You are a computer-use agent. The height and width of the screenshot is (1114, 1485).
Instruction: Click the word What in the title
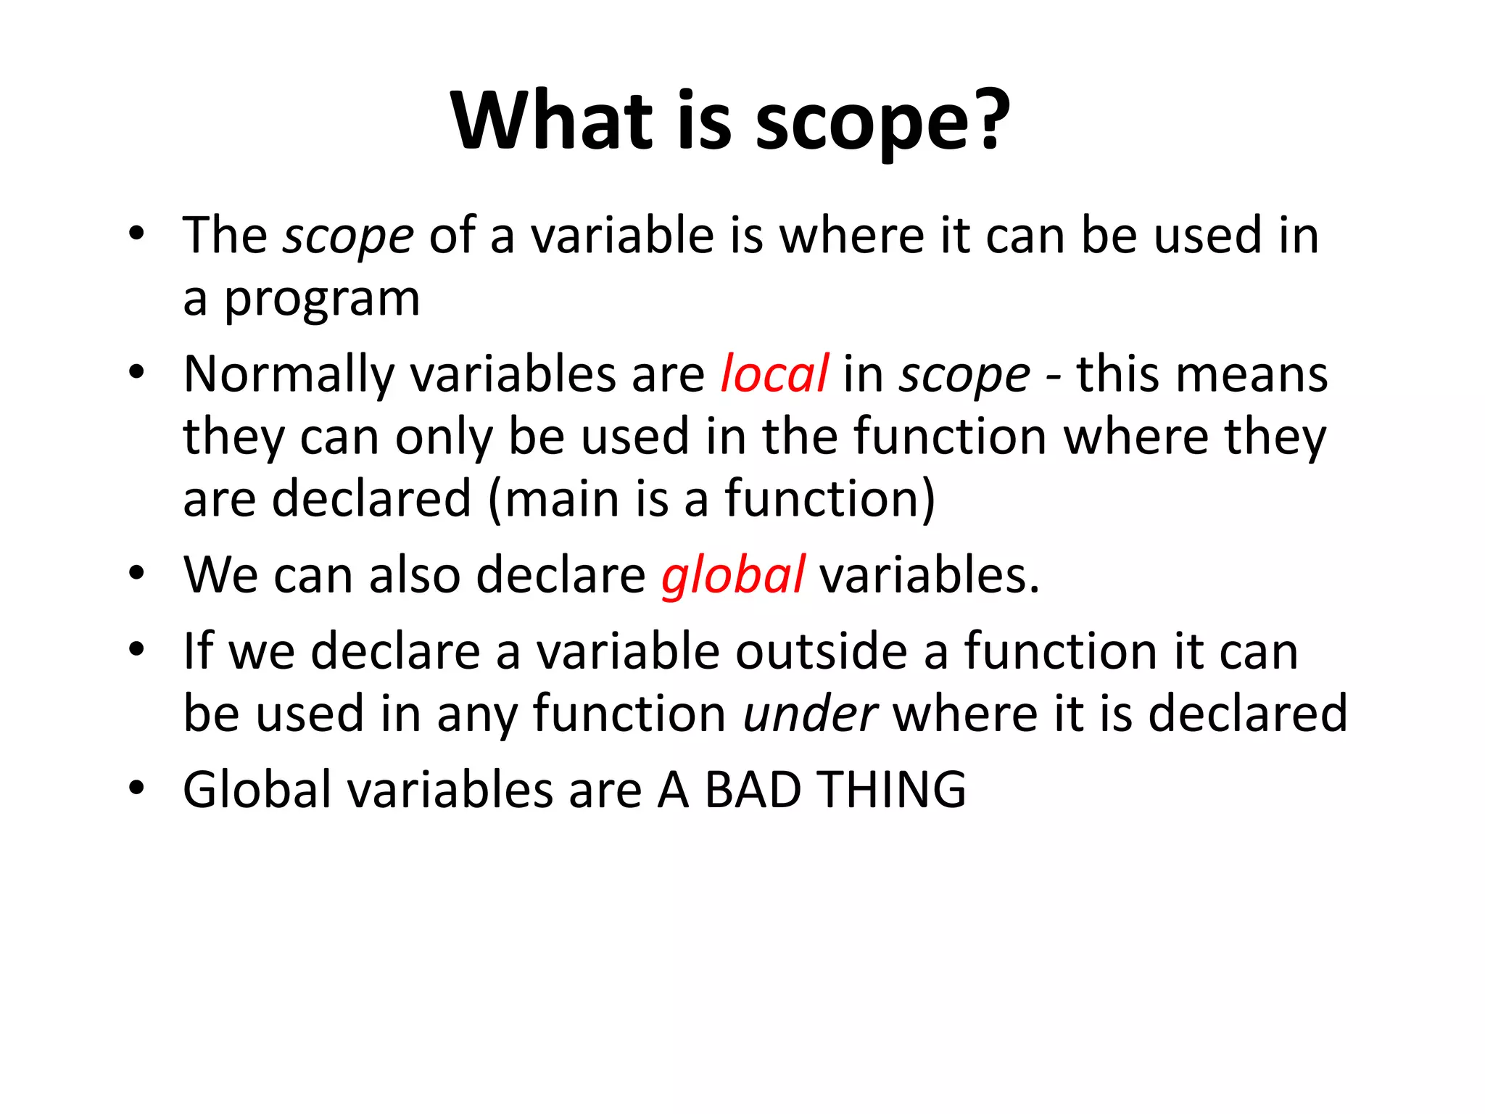[x=552, y=120]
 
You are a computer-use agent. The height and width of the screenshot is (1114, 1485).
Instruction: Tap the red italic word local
[x=774, y=374]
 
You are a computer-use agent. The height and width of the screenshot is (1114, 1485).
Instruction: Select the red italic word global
[x=732, y=575]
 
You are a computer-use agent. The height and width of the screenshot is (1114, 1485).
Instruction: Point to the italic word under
[x=811, y=714]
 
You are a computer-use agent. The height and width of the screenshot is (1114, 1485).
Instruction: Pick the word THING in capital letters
[x=892, y=789]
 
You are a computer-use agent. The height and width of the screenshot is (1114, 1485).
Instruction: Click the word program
[x=321, y=300]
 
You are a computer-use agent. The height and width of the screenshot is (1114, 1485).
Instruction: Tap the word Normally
[x=289, y=374]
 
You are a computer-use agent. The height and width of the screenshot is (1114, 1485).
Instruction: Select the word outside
[x=822, y=651]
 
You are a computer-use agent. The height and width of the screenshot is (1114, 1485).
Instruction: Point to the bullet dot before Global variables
[x=136, y=788]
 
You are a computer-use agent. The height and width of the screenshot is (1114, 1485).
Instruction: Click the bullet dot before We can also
[x=136, y=574]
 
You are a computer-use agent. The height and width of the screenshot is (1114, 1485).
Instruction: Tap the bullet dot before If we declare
[x=136, y=650]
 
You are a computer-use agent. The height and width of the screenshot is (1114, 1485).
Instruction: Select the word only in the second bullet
[x=444, y=437]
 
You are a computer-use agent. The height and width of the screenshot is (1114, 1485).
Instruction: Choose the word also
[x=415, y=575]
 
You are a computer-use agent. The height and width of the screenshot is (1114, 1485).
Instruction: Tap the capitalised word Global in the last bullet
[x=257, y=789]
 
